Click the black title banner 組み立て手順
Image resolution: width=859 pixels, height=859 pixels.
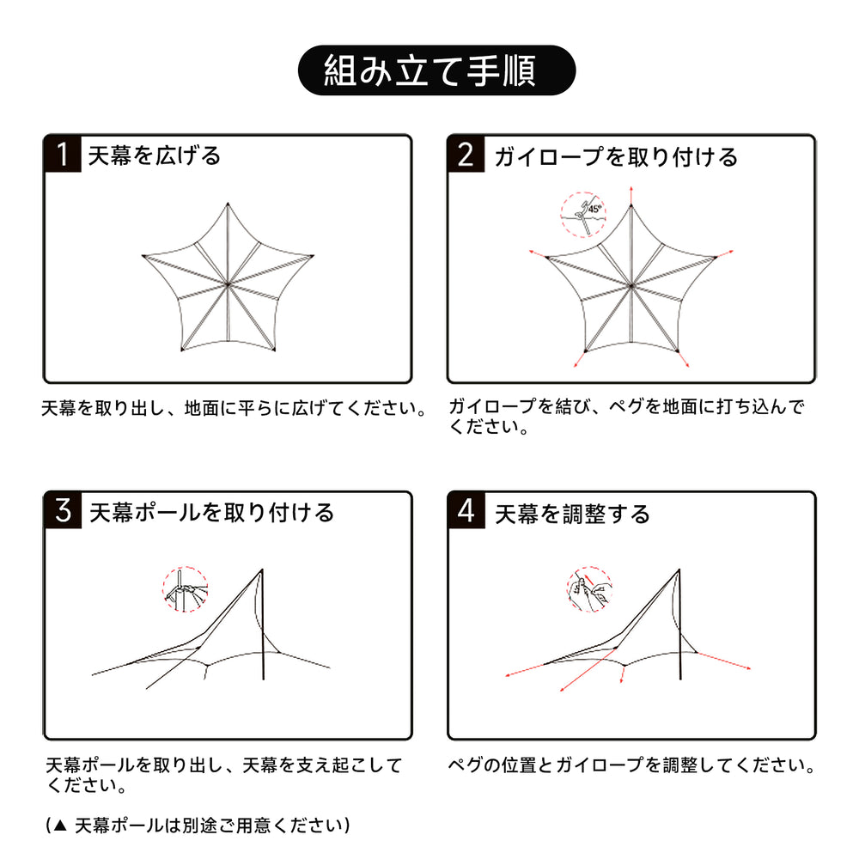click(x=436, y=70)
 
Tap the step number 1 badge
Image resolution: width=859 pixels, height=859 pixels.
click(x=63, y=154)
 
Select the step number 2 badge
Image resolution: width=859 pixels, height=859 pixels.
click(x=466, y=154)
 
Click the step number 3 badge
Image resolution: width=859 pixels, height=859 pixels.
click(x=63, y=510)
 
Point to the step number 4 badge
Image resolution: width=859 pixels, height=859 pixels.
click(x=466, y=510)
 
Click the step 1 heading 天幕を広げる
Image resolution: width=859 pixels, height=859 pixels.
click(x=155, y=155)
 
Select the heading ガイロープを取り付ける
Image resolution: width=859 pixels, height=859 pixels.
click(x=616, y=156)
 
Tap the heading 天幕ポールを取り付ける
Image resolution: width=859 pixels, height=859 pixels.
click(x=211, y=513)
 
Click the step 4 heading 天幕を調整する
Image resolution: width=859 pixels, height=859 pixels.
click(x=572, y=514)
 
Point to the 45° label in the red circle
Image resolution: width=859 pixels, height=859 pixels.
click(x=594, y=209)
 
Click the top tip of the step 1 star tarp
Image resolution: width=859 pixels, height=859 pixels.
click(x=228, y=204)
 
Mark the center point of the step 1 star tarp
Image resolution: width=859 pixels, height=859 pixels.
click(x=228, y=284)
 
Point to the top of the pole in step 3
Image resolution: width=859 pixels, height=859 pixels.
click(x=262, y=570)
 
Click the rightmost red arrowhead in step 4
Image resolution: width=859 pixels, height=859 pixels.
click(x=748, y=667)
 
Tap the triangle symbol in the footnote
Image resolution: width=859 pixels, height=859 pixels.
click(x=61, y=825)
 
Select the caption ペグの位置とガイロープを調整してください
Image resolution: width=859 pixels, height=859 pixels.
click(x=631, y=765)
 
